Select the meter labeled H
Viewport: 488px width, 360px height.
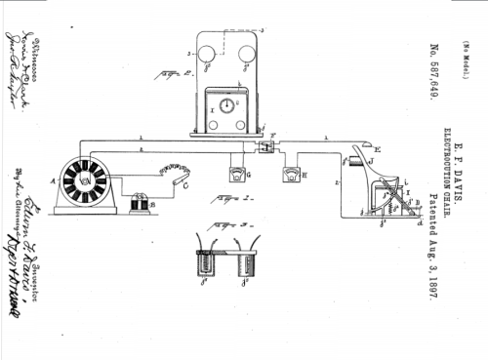[x=289, y=174]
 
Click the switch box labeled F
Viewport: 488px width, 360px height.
[x=264, y=147]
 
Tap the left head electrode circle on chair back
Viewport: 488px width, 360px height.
[x=206, y=55]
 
